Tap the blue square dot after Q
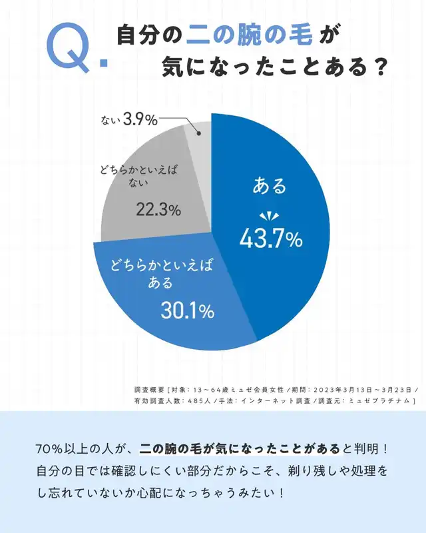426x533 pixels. tap(103, 64)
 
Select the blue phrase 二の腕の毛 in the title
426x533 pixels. tap(246, 35)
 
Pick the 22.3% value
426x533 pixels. tap(158, 210)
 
